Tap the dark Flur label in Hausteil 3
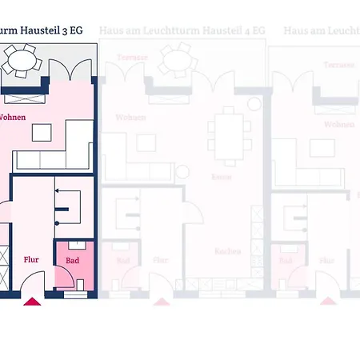(x=31, y=258)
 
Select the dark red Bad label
(x=72, y=260)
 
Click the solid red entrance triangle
(x=32, y=302)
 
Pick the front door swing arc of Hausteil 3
(x=32, y=280)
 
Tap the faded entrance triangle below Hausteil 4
(x=163, y=302)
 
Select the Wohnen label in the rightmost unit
(x=339, y=124)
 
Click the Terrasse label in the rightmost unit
(x=337, y=62)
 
